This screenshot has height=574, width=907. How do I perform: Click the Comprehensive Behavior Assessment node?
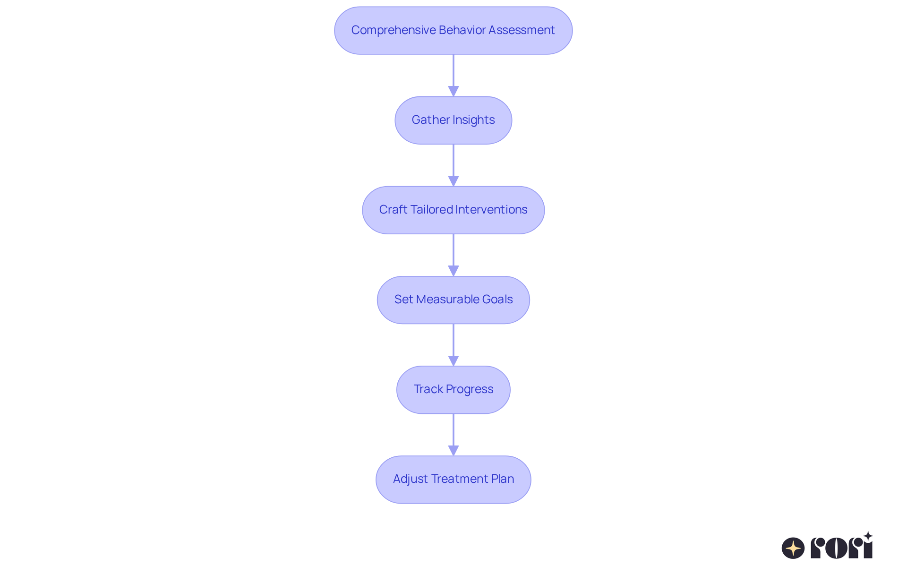[453, 30]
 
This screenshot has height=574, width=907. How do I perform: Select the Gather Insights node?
[453, 120]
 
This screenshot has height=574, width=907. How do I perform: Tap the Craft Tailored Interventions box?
[453, 210]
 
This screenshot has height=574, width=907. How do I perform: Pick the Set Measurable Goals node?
[453, 300]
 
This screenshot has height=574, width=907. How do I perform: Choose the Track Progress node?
[453, 389]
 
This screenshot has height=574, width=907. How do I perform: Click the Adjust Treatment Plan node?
[453, 479]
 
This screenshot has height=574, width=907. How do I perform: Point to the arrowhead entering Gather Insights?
[453, 91]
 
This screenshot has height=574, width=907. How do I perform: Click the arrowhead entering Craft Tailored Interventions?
[453, 181]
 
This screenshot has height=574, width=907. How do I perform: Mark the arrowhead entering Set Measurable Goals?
[453, 271]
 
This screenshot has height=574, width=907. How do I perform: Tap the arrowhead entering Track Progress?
[453, 360]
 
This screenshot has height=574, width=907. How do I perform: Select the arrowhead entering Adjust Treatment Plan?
[453, 450]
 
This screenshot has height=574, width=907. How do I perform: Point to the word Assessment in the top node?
[521, 30]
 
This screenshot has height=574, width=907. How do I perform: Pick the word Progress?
[469, 389]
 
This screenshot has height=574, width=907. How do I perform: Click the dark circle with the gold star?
[793, 548]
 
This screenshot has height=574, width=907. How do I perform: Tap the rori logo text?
[842, 547]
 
